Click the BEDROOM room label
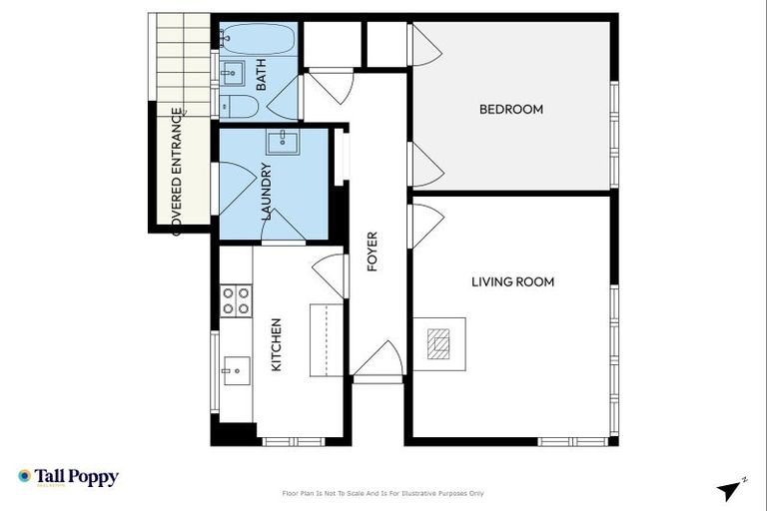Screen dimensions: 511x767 coord(510,109)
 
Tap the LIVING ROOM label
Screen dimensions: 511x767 coord(512,282)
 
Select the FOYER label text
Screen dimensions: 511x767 coord(373,253)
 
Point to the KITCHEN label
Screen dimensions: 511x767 coord(277,344)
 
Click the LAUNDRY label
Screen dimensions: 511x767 coord(266,191)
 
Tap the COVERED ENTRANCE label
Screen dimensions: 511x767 coord(177,171)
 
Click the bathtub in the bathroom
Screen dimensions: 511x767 coord(257,39)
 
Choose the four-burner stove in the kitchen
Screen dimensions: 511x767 coord(236,300)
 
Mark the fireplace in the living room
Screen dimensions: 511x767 coord(439,343)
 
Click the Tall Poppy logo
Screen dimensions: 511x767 coord(68,477)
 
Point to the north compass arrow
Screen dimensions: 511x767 coord(731,489)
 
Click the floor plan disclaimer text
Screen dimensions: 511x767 coord(383,493)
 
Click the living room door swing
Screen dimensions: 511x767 coord(426,225)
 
